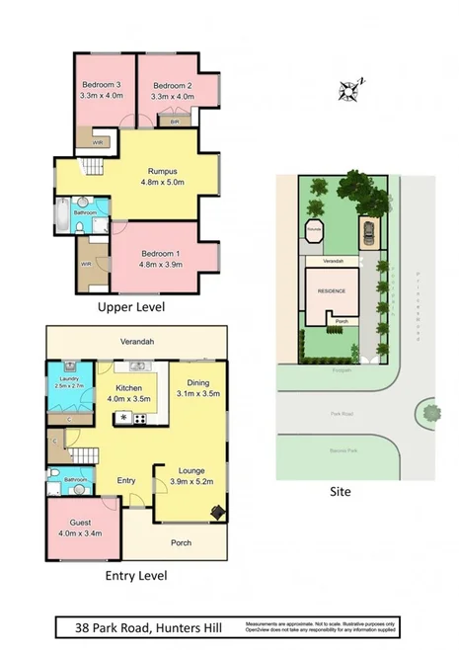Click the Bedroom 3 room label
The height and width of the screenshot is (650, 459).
101,84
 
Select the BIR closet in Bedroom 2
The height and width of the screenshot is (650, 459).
175,122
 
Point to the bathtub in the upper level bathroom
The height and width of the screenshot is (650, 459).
62,210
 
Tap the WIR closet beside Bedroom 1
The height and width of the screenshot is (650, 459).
86,265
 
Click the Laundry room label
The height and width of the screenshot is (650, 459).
67,379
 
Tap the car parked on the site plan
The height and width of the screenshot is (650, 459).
367,234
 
